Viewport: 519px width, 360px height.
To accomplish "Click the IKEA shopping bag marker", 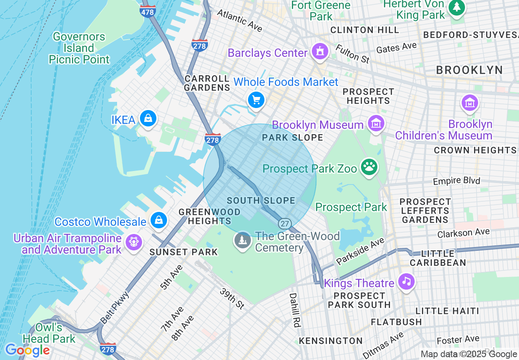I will click(148, 119).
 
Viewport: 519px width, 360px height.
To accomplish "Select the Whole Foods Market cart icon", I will click(256, 99).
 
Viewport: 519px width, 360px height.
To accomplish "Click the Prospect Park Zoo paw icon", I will click(369, 166).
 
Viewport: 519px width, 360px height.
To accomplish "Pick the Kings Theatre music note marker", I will click(406, 281).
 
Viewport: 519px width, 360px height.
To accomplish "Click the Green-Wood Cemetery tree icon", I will click(242, 240).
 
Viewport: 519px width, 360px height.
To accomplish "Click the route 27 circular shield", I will click(285, 224).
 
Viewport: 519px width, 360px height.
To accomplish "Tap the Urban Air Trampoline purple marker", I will click(133, 241).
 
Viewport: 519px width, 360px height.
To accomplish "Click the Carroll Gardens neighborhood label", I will click(207, 83).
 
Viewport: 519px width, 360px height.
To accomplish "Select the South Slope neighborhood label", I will click(261, 200).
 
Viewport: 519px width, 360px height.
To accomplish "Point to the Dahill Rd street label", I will click(293, 310).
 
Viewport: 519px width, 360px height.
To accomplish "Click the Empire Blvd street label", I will click(456, 181).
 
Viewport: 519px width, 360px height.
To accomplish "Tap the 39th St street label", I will click(232, 298).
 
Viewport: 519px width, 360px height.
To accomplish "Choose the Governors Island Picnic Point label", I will click(79, 48).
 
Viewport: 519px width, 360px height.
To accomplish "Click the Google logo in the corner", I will click(27, 350).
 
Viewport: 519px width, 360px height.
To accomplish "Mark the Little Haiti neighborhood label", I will click(447, 311).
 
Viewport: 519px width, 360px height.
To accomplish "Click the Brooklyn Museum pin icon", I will click(376, 123).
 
